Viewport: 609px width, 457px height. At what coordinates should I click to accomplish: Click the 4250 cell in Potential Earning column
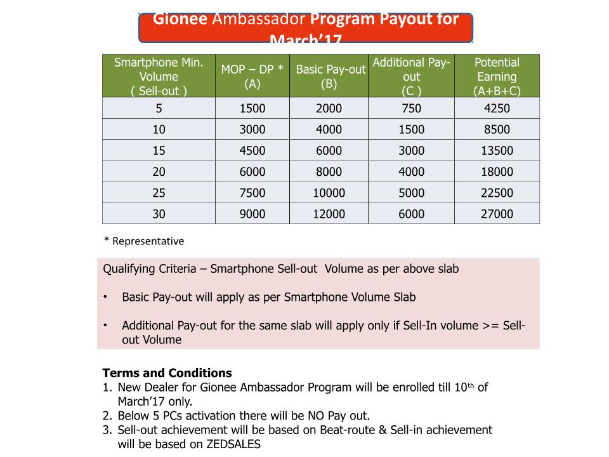click(x=497, y=109)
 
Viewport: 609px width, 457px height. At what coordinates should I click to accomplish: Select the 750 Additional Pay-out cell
click(x=411, y=109)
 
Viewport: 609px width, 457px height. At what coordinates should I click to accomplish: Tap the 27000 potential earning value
click(x=497, y=214)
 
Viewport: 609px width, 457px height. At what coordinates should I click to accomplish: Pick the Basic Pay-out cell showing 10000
click(x=329, y=193)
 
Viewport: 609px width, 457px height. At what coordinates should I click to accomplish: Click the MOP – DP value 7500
click(x=252, y=193)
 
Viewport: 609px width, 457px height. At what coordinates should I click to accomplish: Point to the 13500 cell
click(x=497, y=151)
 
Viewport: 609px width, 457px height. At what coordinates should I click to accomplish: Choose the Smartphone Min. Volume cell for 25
click(x=159, y=193)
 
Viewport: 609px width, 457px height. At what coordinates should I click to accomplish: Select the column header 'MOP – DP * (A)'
click(x=252, y=76)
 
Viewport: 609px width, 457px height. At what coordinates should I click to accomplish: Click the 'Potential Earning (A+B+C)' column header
click(x=497, y=76)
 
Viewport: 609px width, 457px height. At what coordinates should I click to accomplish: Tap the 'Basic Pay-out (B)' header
click(x=329, y=76)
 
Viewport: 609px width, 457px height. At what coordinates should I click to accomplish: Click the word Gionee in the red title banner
click(x=180, y=19)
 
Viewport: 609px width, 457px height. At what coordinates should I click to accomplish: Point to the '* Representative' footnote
click(x=144, y=241)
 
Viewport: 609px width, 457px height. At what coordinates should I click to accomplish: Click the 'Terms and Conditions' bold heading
click(x=167, y=373)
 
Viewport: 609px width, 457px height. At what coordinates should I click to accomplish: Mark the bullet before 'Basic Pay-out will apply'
click(x=106, y=297)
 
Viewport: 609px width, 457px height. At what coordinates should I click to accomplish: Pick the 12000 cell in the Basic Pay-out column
click(x=329, y=214)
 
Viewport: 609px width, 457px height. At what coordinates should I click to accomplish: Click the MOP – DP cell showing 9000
click(x=252, y=214)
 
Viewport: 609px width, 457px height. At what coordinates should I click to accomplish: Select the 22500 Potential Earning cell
click(x=497, y=193)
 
